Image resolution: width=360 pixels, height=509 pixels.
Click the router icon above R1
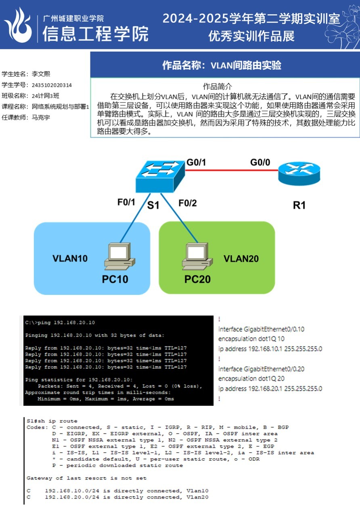(299, 174)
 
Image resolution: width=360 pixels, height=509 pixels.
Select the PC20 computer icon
(195, 257)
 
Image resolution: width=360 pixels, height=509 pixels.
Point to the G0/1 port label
(196, 163)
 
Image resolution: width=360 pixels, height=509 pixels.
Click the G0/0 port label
(260, 163)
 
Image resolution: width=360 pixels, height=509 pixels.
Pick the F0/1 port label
(126, 202)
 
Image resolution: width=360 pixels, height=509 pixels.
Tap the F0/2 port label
(188, 203)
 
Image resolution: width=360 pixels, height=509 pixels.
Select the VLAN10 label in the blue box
(70, 259)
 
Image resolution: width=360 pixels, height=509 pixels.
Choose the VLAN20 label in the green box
(241, 259)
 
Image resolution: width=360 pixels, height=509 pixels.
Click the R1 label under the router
(299, 205)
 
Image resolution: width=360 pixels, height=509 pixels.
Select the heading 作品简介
(217, 86)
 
